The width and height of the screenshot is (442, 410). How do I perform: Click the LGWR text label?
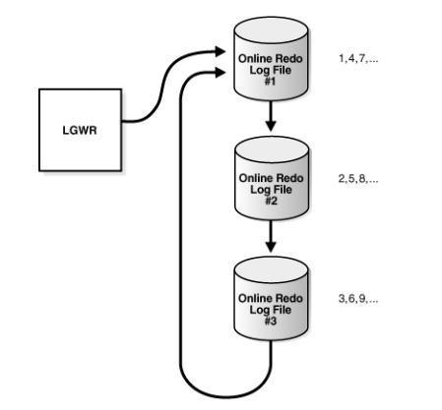pyautogui.click(x=80, y=130)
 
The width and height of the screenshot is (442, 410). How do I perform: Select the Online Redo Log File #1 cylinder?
pyautogui.click(x=271, y=59)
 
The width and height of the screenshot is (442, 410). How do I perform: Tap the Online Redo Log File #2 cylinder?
pyautogui.click(x=272, y=178)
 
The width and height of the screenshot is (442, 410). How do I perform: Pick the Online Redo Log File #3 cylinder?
pyautogui.click(x=271, y=299)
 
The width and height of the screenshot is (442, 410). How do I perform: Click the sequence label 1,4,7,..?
pyautogui.click(x=358, y=59)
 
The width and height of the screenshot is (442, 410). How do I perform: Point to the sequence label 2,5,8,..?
pyautogui.click(x=358, y=179)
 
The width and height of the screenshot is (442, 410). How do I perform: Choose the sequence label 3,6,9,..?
pyautogui.click(x=358, y=299)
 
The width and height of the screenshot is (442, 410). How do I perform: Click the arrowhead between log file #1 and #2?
pyautogui.click(x=271, y=126)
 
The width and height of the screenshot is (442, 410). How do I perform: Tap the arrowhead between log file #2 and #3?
pyautogui.click(x=271, y=247)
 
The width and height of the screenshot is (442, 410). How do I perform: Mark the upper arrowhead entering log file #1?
pyautogui.click(x=221, y=51)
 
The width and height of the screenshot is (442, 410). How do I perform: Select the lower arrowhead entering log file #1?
pyautogui.click(x=221, y=73)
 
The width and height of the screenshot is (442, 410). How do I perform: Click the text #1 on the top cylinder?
pyautogui.click(x=270, y=82)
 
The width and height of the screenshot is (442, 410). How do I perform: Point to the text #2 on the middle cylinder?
pyautogui.click(x=271, y=201)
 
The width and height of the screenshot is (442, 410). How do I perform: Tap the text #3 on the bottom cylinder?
pyautogui.click(x=271, y=321)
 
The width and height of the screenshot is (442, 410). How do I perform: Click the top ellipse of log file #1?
pyautogui.click(x=271, y=30)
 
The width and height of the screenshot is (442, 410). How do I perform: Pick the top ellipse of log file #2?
pyautogui.click(x=272, y=149)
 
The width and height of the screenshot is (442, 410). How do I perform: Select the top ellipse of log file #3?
pyautogui.click(x=271, y=270)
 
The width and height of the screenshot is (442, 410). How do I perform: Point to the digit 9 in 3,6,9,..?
pyautogui.click(x=362, y=298)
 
